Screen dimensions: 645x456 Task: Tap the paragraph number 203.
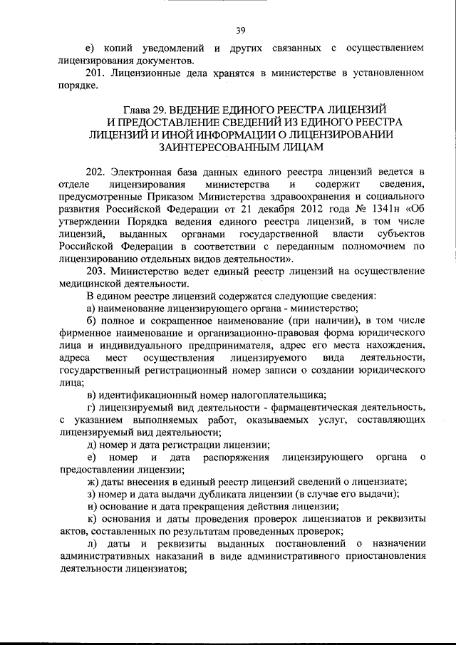tap(95, 270)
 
